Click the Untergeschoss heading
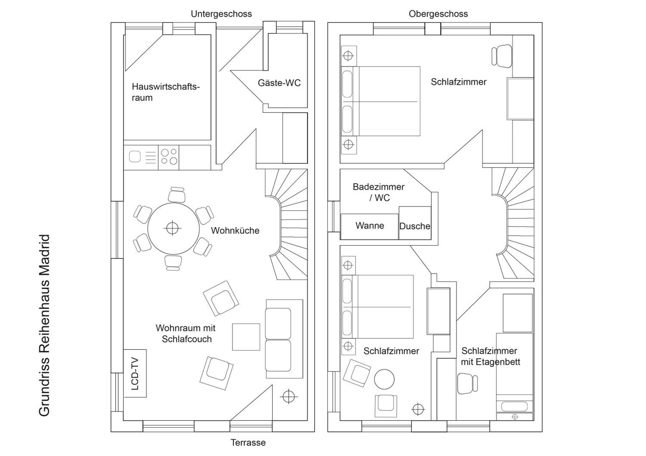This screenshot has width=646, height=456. click(221, 14)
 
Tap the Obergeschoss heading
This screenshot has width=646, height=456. click(438, 14)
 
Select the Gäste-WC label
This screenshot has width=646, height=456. click(279, 83)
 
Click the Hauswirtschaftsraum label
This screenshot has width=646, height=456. click(165, 92)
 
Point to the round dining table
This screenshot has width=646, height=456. click(173, 229)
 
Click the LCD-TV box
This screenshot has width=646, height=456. click(135, 373)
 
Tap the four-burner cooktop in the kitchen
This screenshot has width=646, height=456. click(169, 157)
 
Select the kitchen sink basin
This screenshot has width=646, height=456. click(135, 157)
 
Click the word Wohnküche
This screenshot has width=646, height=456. click(235, 231)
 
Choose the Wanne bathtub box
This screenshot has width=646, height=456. click(369, 226)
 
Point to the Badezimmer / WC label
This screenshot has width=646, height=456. click(379, 192)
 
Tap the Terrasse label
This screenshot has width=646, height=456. click(248, 443)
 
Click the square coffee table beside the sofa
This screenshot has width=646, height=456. click(246, 337)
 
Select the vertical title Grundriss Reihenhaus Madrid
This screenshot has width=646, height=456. click(44, 325)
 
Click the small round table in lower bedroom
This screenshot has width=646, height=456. click(384, 379)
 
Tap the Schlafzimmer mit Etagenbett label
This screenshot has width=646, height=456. click(490, 356)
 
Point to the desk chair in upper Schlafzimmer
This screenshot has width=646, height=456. click(502, 56)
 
